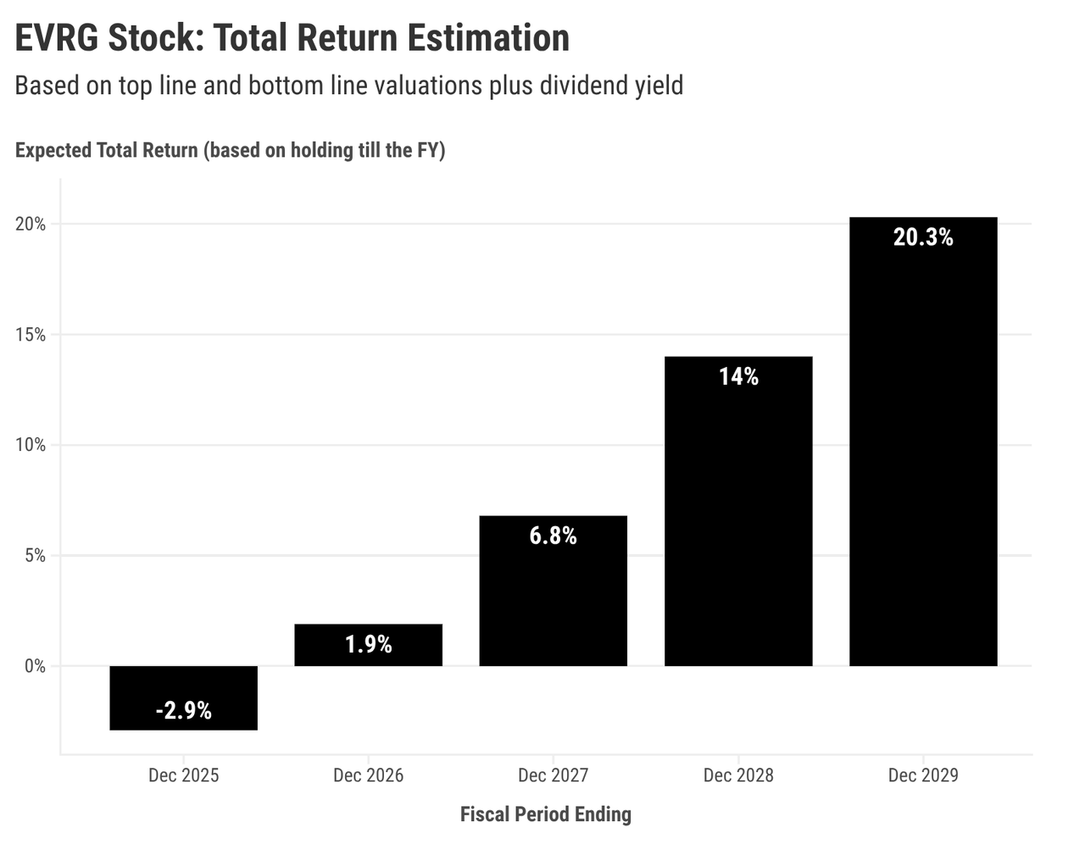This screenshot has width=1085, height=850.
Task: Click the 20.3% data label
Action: click(x=922, y=237)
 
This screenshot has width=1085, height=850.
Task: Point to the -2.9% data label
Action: click(x=183, y=710)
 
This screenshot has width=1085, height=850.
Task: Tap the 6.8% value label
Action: click(x=553, y=536)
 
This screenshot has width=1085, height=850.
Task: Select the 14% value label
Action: click(x=737, y=376)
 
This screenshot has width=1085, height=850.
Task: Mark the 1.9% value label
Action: click(x=368, y=645)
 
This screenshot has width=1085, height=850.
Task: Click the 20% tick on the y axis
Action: click(x=30, y=225)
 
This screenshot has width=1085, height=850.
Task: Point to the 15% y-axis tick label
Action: click(x=30, y=335)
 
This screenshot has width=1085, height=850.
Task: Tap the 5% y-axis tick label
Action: click(x=34, y=556)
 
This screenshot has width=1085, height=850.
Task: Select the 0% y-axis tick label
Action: click(x=34, y=666)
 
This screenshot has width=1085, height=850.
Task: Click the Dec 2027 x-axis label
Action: click(x=553, y=775)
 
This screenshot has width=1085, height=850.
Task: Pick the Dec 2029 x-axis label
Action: click(x=922, y=775)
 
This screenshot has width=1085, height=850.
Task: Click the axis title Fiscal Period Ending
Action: click(x=545, y=814)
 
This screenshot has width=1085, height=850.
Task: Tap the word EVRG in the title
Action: click(x=56, y=38)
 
